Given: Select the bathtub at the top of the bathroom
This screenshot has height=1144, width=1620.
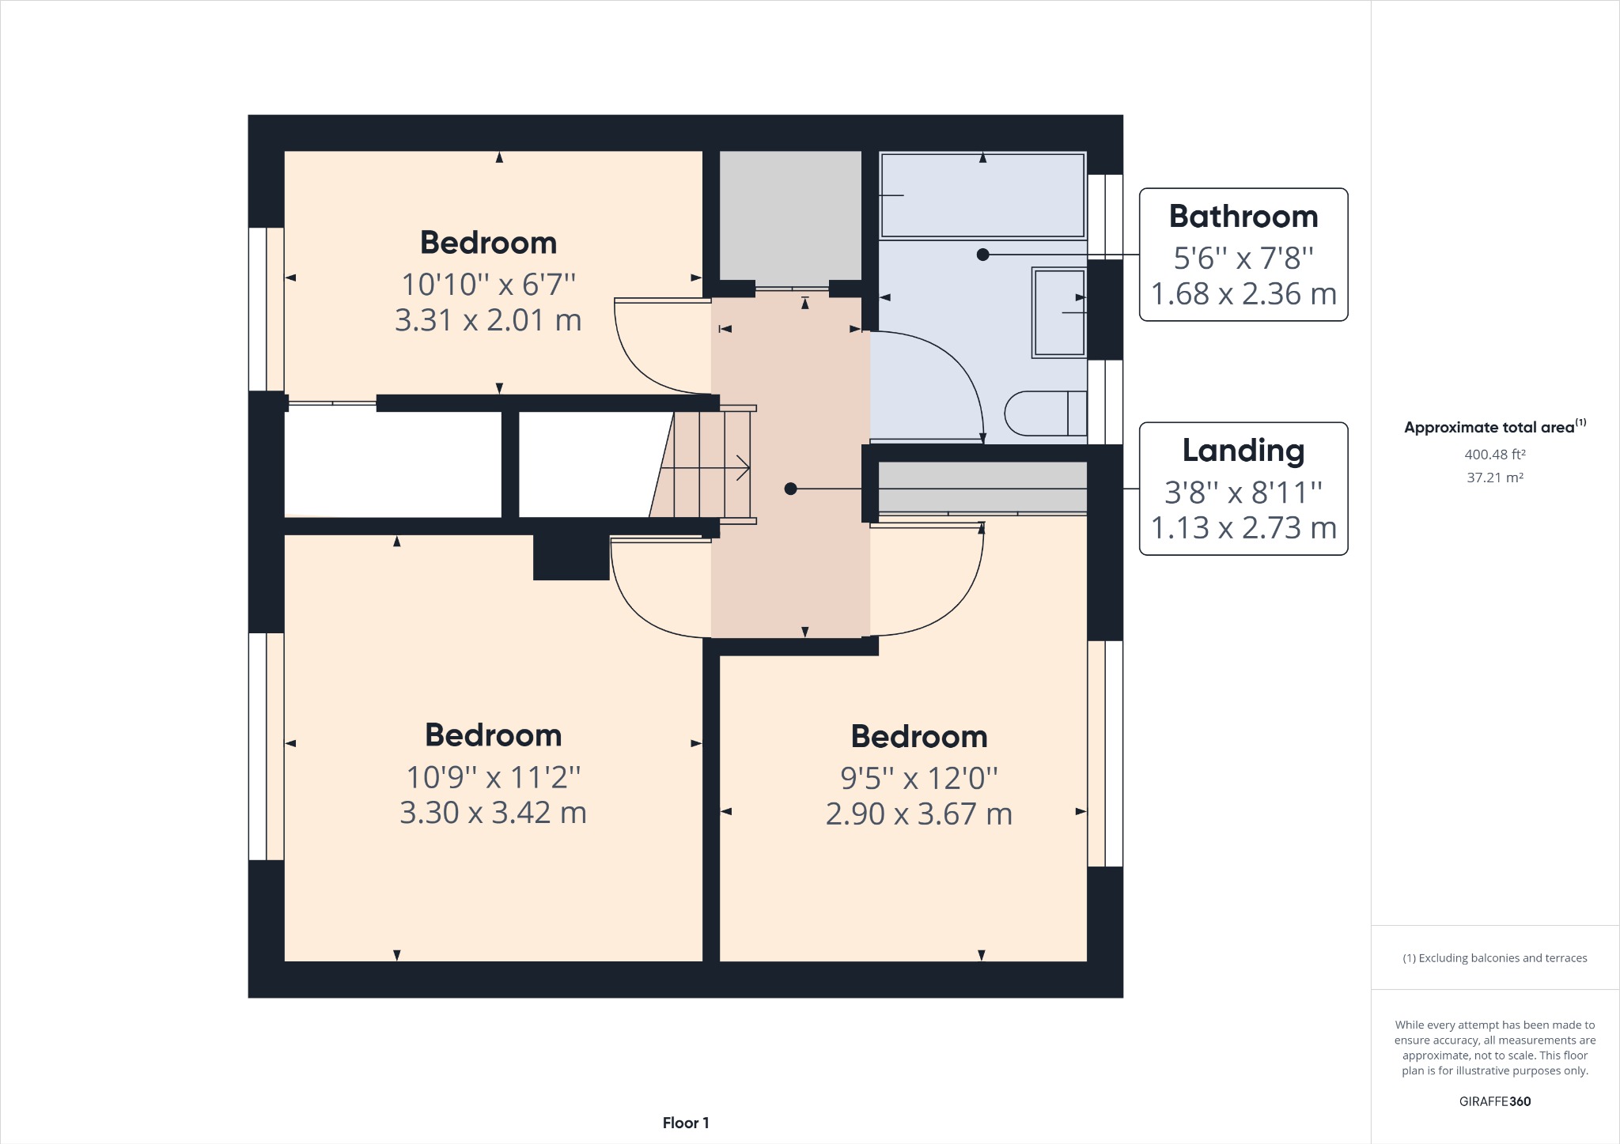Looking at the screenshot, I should pyautogui.click(x=982, y=195).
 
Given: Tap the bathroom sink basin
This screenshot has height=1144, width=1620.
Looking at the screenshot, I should pyautogui.click(x=1058, y=313).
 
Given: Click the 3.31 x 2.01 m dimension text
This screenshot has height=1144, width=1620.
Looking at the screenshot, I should pyautogui.click(x=488, y=320).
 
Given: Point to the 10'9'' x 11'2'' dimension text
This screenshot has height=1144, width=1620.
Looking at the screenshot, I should pyautogui.click(x=493, y=777).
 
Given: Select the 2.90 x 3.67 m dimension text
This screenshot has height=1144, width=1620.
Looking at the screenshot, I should pyautogui.click(x=918, y=814).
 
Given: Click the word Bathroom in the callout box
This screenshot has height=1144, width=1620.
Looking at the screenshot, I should pyautogui.click(x=1243, y=217).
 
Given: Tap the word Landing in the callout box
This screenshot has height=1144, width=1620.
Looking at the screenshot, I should pyautogui.click(x=1243, y=451).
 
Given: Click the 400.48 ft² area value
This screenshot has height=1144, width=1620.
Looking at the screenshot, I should pyautogui.click(x=1494, y=455).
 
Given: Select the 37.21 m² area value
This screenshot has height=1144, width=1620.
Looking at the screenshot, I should pyautogui.click(x=1494, y=478).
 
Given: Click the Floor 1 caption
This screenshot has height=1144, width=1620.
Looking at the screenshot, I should pyautogui.click(x=685, y=1123).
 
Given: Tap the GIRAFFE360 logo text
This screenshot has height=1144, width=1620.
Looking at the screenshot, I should pyautogui.click(x=1494, y=1101).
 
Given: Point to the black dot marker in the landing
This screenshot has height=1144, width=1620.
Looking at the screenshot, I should pyautogui.click(x=790, y=489).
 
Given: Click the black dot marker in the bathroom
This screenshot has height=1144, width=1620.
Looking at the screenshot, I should pyautogui.click(x=982, y=255).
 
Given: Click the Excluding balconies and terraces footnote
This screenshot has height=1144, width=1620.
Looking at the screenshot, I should pyautogui.click(x=1494, y=958).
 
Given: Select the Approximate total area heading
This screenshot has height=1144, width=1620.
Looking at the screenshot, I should pyautogui.click(x=1489, y=428).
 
